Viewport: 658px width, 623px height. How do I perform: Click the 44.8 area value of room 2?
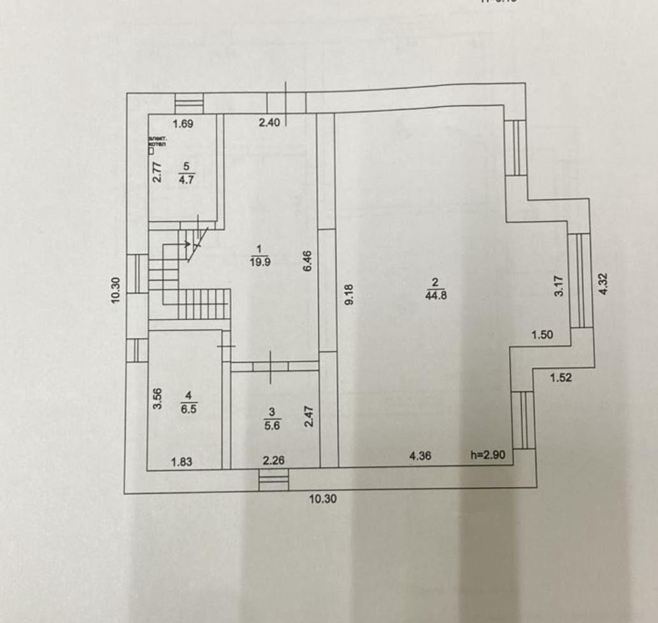click(x=434, y=294)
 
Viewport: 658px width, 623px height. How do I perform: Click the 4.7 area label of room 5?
click(x=187, y=179)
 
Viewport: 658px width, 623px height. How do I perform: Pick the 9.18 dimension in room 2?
click(x=348, y=294)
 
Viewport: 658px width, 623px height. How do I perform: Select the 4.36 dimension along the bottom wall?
click(x=421, y=456)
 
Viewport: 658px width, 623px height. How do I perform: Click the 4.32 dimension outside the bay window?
click(x=604, y=283)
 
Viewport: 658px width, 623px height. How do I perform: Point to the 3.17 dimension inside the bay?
click(x=559, y=285)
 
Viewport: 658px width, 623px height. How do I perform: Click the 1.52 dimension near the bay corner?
click(x=561, y=377)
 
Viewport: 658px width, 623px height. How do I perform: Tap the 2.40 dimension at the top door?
click(x=269, y=123)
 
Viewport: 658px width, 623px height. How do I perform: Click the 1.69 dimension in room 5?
click(x=183, y=123)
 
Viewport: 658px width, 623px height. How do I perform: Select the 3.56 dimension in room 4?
click(x=157, y=399)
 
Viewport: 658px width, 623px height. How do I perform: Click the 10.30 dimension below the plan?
click(x=323, y=500)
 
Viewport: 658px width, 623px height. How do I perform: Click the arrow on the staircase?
click(x=189, y=243)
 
